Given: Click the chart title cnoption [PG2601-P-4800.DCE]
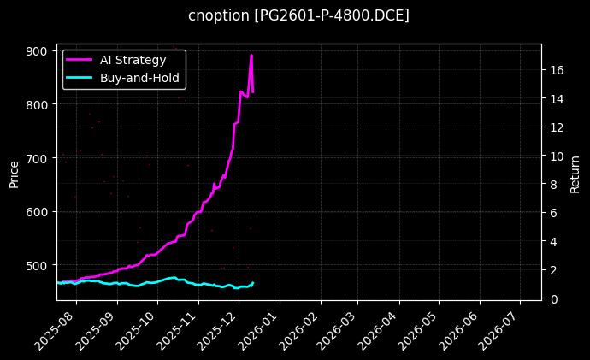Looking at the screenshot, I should tap(298, 15).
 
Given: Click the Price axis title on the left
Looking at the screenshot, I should tap(14, 173).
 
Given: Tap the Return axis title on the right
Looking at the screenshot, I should tap(575, 173).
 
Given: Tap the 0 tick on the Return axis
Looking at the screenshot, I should tap(551, 298).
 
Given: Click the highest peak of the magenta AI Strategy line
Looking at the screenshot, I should tap(251, 56).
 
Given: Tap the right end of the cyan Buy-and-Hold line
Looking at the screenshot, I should tap(253, 282).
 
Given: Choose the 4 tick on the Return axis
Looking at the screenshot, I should tap(551, 241).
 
